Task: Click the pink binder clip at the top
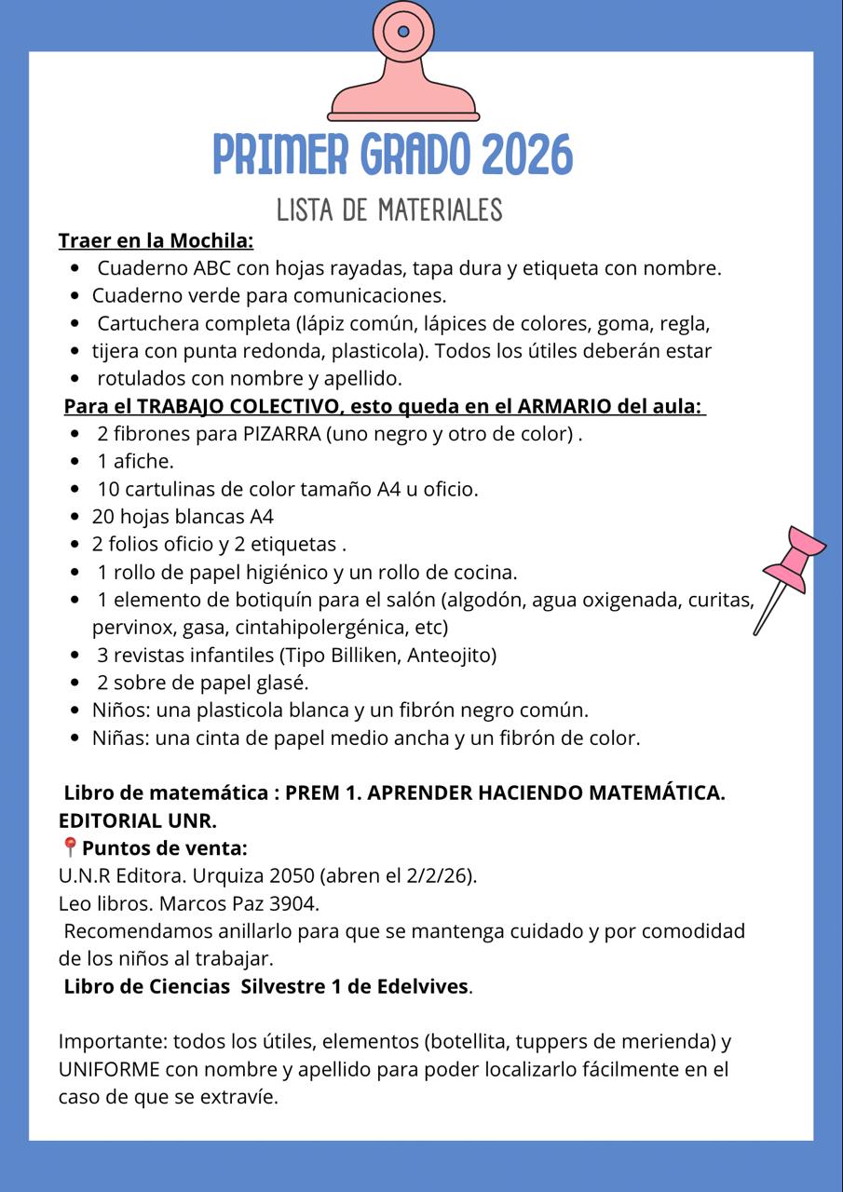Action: (403, 65)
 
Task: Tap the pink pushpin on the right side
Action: (789, 568)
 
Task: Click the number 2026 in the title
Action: (527, 156)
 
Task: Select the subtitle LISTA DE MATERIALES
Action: (389, 210)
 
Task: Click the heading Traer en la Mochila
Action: (156, 241)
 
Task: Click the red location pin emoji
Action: (69, 847)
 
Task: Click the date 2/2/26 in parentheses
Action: (439, 875)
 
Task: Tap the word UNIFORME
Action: (111, 1069)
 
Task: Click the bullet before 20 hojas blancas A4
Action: (75, 517)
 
